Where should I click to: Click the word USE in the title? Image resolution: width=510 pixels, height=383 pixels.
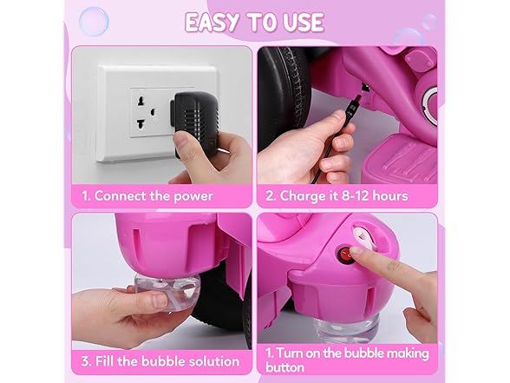304,23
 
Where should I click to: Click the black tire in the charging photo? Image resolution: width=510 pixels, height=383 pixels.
284,97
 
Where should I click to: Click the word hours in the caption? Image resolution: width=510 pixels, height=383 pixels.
390,196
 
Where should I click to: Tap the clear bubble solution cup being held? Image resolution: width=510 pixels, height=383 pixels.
167,291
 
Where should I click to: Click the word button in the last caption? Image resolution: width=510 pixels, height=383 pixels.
284,367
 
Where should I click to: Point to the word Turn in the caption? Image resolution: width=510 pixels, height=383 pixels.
289,353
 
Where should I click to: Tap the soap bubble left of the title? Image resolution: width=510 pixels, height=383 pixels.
94,22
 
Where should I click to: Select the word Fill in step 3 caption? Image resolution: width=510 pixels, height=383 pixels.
104,361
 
